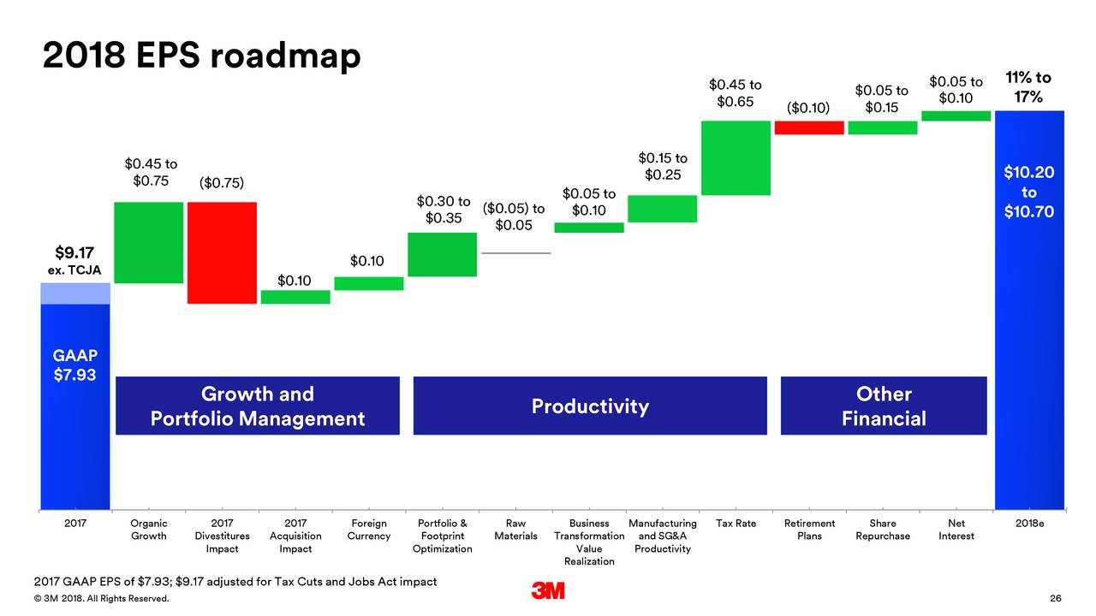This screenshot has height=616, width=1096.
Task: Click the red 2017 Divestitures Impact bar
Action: click(x=222, y=252)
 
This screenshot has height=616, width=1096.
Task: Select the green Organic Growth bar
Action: click(x=148, y=242)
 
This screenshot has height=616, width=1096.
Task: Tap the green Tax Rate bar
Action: click(x=736, y=157)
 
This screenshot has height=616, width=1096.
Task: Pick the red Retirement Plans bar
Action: click(x=809, y=127)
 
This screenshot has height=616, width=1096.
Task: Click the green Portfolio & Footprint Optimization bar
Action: click(x=442, y=254)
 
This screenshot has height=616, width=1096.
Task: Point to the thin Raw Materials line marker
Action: click(x=515, y=253)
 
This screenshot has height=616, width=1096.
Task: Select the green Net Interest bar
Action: click(x=956, y=115)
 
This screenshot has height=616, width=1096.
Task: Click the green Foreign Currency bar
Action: click(x=368, y=283)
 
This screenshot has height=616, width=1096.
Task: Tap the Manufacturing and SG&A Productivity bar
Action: click(x=662, y=209)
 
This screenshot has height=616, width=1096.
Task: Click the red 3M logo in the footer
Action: click(x=548, y=591)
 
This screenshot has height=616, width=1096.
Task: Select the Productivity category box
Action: click(x=590, y=406)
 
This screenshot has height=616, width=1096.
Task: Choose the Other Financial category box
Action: click(x=884, y=406)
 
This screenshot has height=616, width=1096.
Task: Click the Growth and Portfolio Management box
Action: click(x=258, y=406)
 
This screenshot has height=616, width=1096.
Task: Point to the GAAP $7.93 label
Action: click(x=74, y=365)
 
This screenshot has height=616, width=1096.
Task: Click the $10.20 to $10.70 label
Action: click(x=1029, y=192)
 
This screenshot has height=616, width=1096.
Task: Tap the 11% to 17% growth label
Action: click(x=1029, y=87)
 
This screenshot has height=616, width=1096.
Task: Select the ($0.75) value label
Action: click(x=222, y=183)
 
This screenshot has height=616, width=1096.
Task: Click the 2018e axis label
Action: click(x=1029, y=524)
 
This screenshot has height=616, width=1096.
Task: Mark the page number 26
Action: click(x=1055, y=598)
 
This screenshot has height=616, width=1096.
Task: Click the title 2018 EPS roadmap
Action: click(x=201, y=56)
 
